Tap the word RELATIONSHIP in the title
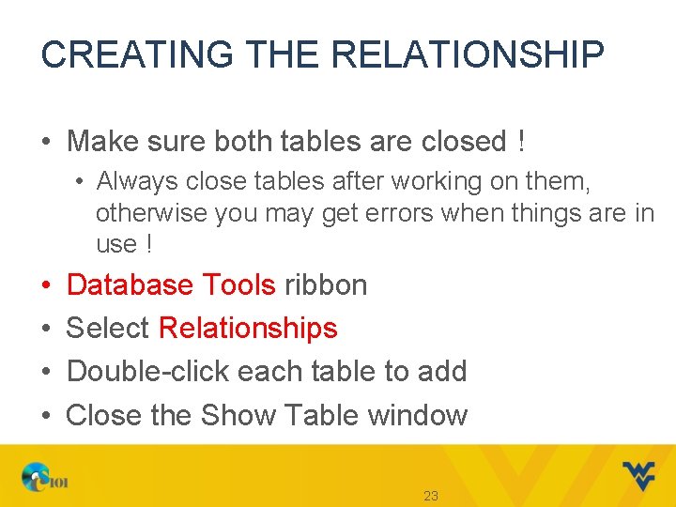(x=468, y=54)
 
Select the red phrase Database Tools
(x=171, y=284)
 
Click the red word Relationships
(x=248, y=328)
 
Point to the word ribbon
(x=325, y=284)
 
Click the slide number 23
(x=431, y=496)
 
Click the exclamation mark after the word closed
(x=520, y=142)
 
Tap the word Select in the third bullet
(x=108, y=328)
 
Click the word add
(x=442, y=372)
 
